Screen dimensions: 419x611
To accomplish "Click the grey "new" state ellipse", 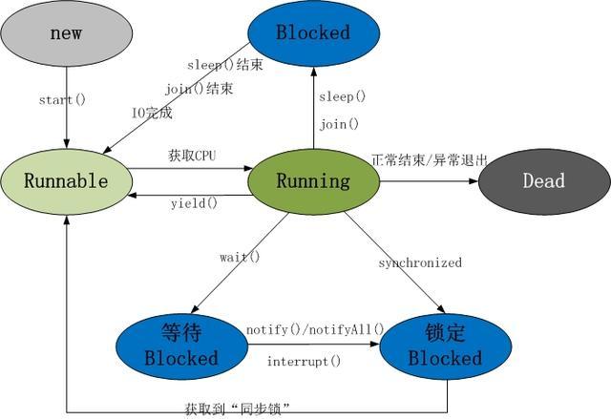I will [x=66, y=34].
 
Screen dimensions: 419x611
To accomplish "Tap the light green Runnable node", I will [x=66, y=180].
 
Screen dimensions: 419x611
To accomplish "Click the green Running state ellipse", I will [x=313, y=180].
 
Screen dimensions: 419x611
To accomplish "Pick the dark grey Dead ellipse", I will [x=543, y=180].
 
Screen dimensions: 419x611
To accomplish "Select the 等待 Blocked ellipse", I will [x=180, y=346].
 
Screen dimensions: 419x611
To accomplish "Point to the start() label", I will [x=63, y=99].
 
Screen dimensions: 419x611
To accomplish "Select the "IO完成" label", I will [x=152, y=112].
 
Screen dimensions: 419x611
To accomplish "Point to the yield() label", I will [x=194, y=202].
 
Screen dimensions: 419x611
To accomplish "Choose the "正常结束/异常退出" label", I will [x=429, y=159].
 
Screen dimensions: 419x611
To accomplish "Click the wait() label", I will [x=240, y=257].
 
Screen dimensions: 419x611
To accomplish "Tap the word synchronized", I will [x=419, y=262].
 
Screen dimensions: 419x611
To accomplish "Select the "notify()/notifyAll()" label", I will [x=314, y=329].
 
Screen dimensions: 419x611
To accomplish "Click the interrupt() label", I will [x=304, y=361].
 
